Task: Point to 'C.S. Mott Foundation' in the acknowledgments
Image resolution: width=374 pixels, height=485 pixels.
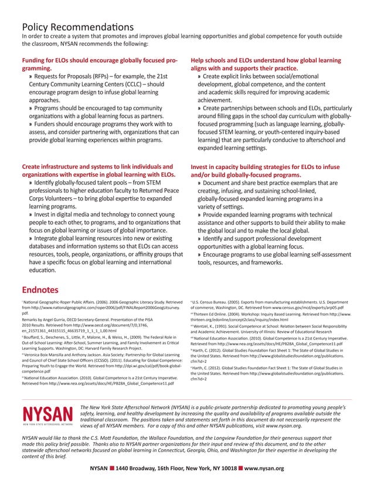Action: click(x=111, y=438)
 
